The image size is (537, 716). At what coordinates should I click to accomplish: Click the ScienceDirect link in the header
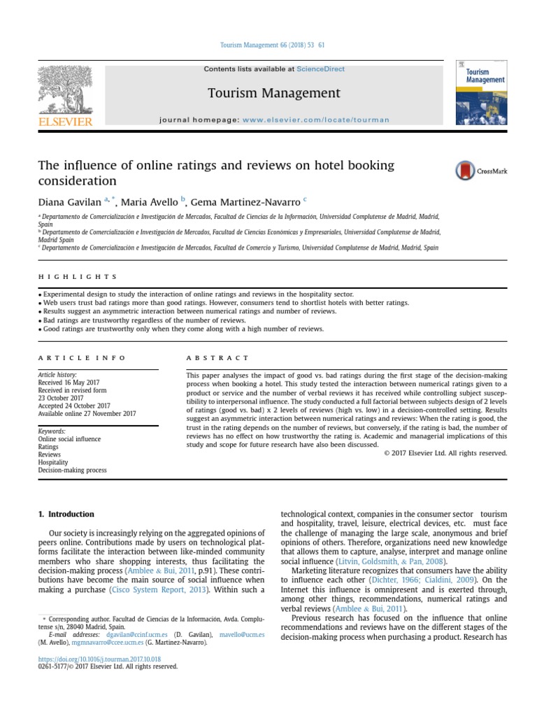pyautogui.click(x=320, y=69)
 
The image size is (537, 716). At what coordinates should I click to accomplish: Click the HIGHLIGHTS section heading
pyautogui.click(x=78, y=277)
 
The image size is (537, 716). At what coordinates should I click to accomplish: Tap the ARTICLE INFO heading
pyautogui.click(x=82, y=357)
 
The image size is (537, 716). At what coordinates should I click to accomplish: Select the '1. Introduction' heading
pyautogui.click(x=65, y=514)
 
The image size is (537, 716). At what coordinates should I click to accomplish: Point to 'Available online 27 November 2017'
pyautogui.click(x=86, y=414)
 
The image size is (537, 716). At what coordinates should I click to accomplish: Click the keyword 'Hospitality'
pyautogui.click(x=54, y=462)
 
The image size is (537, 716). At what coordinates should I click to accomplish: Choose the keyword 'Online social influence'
pyautogui.click(x=69, y=439)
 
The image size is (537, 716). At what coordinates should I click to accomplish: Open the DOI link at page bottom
pyautogui.click(x=99, y=659)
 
